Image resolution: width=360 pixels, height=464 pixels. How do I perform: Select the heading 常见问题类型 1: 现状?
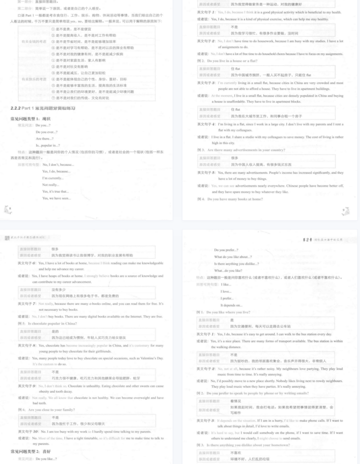tap(31, 118)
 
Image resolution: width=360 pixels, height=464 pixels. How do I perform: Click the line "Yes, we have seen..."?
tap(57, 198)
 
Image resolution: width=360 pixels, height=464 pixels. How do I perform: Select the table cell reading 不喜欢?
tap(236, 452)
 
